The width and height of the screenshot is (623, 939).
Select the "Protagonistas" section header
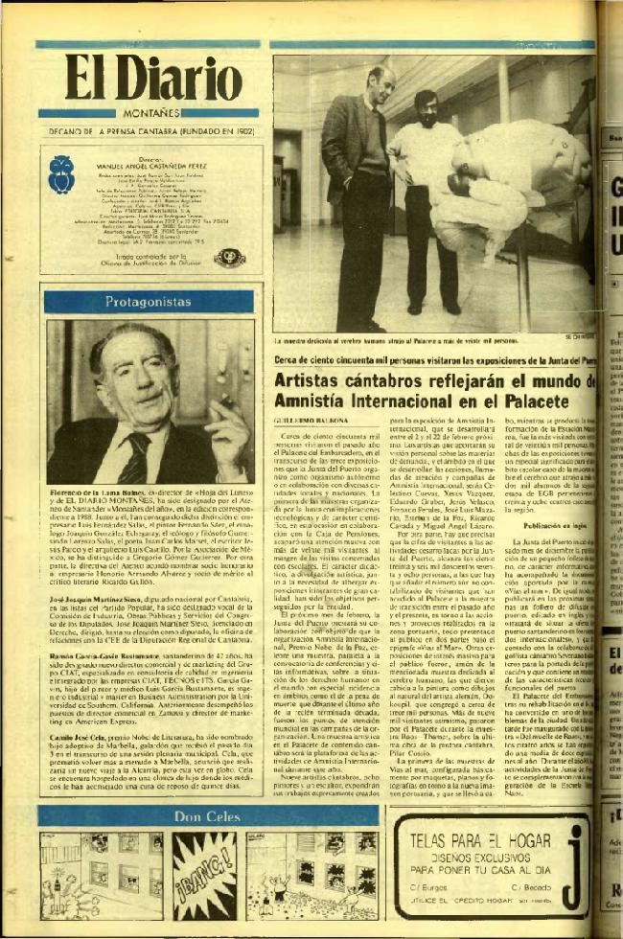tap(149, 301)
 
